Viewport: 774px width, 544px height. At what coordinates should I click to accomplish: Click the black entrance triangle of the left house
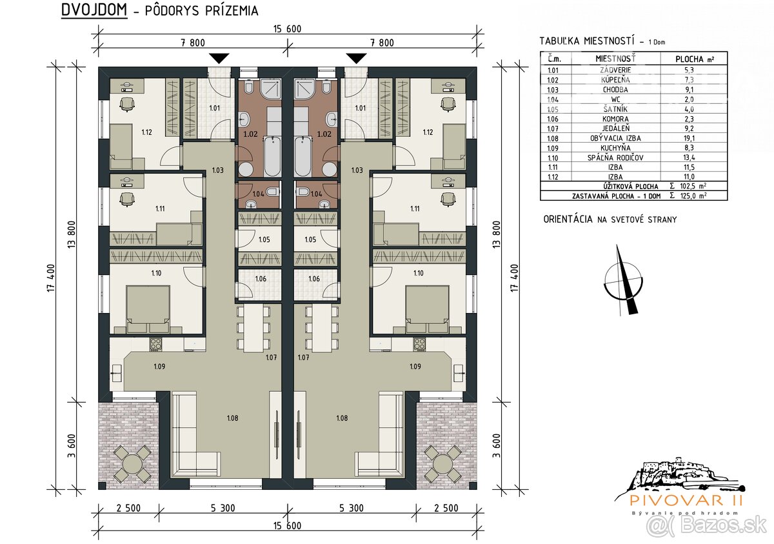pyautogui.click(x=220, y=58)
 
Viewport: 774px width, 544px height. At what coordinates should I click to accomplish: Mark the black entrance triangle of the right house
pyautogui.click(x=355, y=58)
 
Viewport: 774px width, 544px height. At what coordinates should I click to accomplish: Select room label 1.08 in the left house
pyautogui.click(x=232, y=418)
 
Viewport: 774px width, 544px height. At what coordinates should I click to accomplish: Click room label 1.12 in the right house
pyautogui.click(x=427, y=132)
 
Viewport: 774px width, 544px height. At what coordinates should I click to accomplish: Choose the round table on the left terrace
pyautogui.click(x=132, y=463)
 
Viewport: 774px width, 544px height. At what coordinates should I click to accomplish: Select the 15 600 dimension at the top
pyautogui.click(x=287, y=29)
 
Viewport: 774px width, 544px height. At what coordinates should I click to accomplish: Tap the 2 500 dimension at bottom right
pyautogui.click(x=445, y=508)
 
